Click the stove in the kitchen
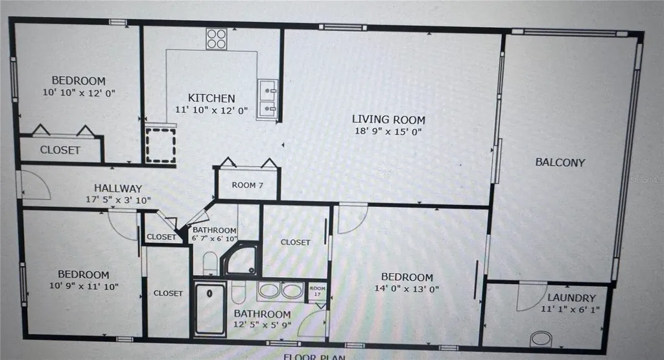[217, 39]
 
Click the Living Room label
[388, 119]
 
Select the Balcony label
[560, 162]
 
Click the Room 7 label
[248, 185]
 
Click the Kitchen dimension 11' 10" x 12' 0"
[211, 110]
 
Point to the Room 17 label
[317, 291]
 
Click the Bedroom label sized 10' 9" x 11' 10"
[83, 274]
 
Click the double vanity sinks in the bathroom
[281, 291]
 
